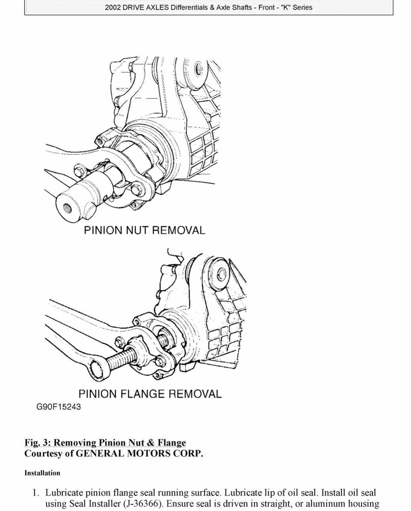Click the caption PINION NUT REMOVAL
click(x=145, y=230)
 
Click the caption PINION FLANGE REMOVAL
click(x=150, y=394)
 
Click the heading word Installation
click(x=42, y=473)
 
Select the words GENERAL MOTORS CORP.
click(x=139, y=453)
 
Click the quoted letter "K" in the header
click(x=285, y=8)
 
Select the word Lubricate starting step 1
click(x=64, y=493)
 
